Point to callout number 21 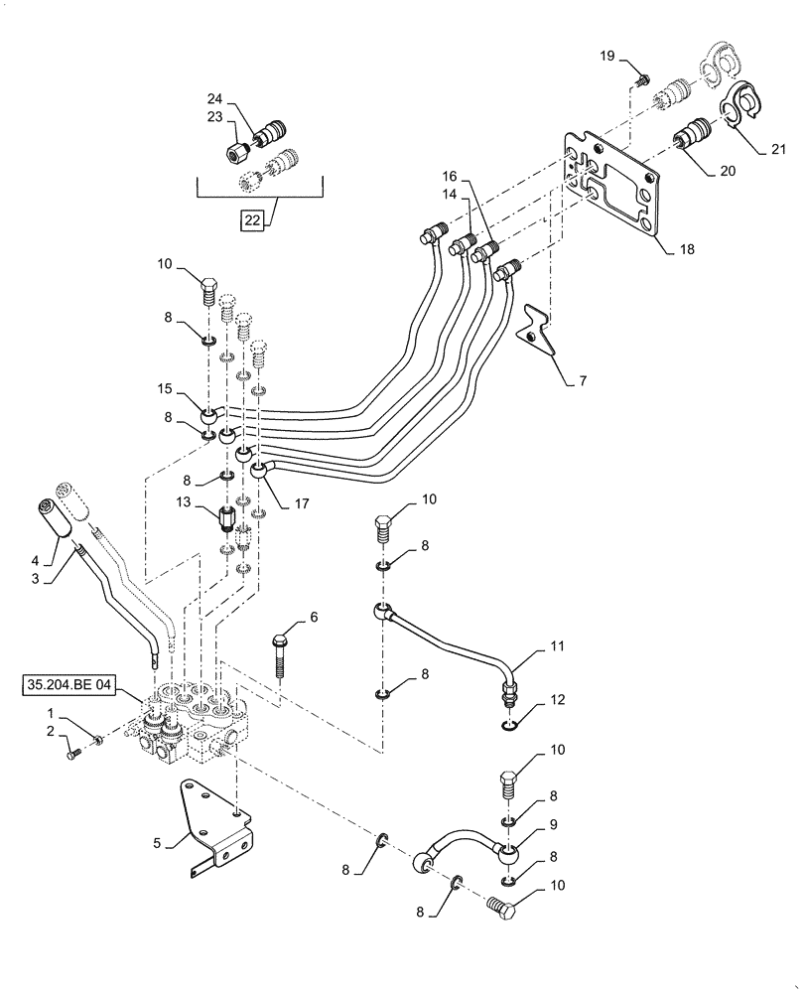pyautogui.click(x=777, y=150)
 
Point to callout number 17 pyautogui.click(x=302, y=503)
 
